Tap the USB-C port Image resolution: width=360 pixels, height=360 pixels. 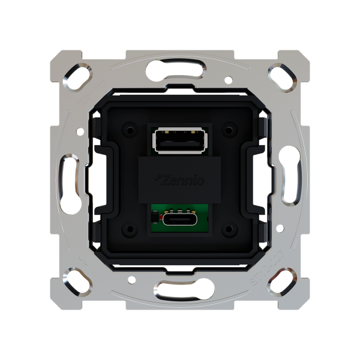180,220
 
